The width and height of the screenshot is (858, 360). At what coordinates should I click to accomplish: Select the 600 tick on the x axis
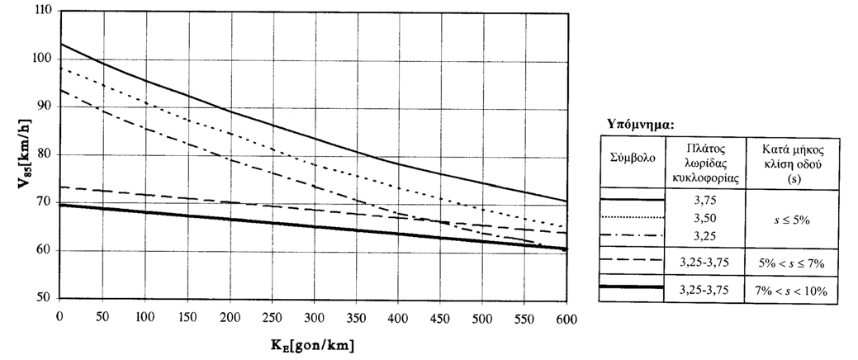(567, 316)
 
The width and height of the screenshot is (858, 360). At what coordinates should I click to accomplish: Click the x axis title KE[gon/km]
(313, 344)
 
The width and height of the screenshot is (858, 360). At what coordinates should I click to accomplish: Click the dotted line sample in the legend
(633, 217)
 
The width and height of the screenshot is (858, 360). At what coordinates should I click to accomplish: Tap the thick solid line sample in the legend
(633, 287)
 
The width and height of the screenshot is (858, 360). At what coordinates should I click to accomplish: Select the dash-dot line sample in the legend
(633, 235)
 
